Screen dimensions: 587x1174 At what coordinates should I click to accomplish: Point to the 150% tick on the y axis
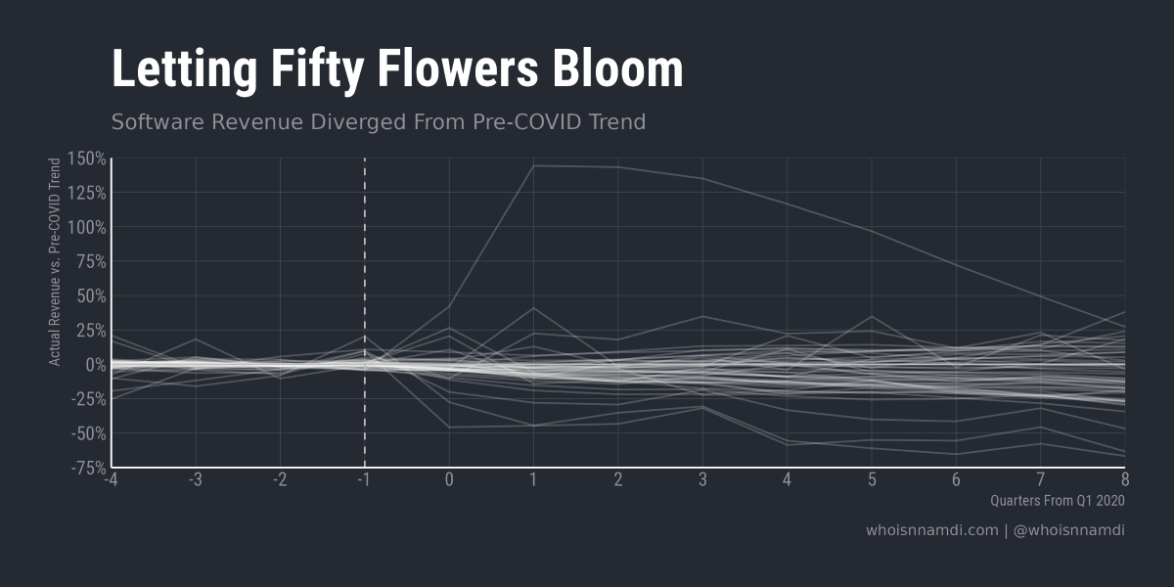86,158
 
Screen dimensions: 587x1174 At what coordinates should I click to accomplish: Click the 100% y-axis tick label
86,227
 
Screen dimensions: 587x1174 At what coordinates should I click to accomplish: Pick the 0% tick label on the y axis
94,365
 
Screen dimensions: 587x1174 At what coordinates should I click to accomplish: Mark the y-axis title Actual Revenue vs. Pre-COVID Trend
56,262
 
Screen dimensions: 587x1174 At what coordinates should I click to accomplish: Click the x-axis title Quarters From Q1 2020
1058,501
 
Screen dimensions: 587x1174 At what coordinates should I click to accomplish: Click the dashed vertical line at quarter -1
365,293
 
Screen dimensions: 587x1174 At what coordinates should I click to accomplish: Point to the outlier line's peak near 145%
534,166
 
